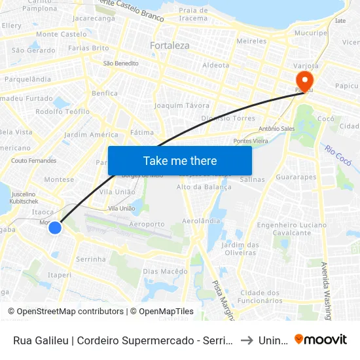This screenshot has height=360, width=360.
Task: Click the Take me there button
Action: (180, 160)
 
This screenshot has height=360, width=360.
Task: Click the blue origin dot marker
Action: (55, 228)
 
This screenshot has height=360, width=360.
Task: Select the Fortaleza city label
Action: (170, 46)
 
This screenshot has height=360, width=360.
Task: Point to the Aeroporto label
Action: (147, 224)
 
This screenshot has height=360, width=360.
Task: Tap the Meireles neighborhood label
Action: (251, 41)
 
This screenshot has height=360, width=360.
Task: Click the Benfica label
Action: (105, 94)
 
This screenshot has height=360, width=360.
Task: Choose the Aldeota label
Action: (216, 65)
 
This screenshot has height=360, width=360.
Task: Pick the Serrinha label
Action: (91, 259)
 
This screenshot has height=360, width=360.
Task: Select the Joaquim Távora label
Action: (181, 105)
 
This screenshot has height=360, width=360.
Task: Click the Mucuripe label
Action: (310, 32)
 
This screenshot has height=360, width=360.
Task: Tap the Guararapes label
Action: (296, 177)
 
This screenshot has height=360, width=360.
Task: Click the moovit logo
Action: (321, 339)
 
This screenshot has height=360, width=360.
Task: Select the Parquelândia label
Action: (27, 79)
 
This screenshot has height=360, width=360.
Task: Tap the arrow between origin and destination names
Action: (245, 340)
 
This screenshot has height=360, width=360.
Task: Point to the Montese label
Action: (59, 179)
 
